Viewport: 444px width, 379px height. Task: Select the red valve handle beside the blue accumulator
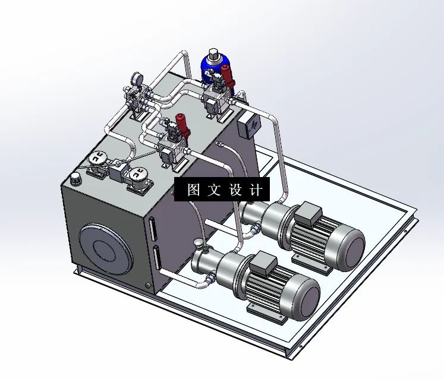pyautogui.click(x=226, y=76)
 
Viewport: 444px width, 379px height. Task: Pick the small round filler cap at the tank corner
pyautogui.click(x=75, y=178)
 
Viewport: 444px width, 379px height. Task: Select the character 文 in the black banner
pyautogui.click(x=214, y=190)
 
